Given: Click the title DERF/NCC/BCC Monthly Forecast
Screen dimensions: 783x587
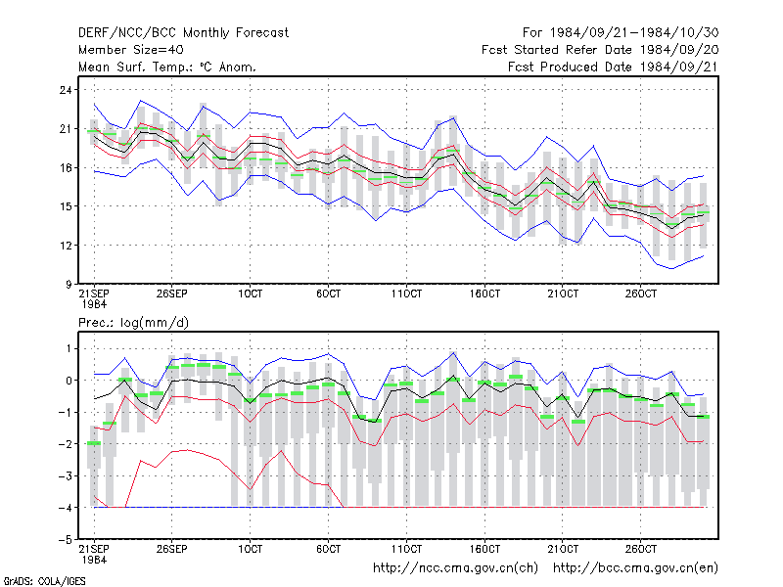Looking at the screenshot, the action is tap(183, 33).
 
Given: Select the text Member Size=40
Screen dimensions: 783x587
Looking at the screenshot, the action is tap(131, 50).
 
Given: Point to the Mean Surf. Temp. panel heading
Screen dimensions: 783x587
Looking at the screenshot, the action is tap(167, 67).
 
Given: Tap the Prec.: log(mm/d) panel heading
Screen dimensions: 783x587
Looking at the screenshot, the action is tap(133, 323).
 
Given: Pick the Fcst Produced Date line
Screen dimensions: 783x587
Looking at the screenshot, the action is tap(614, 67).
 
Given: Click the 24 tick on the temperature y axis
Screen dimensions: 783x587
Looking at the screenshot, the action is tap(66, 90).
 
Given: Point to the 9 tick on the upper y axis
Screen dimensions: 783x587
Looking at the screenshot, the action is tap(69, 285).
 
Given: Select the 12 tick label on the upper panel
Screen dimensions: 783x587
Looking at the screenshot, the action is tap(66, 246).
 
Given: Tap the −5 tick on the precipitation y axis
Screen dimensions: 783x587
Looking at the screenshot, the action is tap(66, 540).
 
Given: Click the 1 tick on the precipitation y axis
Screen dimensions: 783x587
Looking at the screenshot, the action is tap(69, 349).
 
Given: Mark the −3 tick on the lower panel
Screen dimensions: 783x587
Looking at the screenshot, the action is tap(66, 476).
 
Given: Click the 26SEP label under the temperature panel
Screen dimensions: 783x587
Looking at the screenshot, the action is tap(172, 294).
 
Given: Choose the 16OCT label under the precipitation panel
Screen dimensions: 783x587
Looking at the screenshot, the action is tap(484, 549).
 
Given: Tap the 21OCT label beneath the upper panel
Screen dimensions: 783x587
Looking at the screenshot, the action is tap(563, 294).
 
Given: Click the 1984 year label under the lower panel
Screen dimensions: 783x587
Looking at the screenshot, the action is tap(94, 560).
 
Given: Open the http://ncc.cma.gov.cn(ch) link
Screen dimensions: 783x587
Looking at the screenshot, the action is tap(455, 568).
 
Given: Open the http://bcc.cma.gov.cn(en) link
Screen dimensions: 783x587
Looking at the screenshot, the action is tap(635, 568).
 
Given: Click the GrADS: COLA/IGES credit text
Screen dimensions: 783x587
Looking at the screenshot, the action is tap(44, 581).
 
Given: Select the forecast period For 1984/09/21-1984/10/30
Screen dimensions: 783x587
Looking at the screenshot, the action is tap(621, 33).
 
